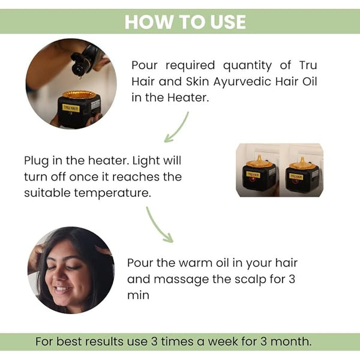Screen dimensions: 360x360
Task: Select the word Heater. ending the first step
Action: tap(188, 97)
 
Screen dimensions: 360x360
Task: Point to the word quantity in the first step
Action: tap(247, 66)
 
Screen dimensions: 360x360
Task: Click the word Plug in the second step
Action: tap(36, 161)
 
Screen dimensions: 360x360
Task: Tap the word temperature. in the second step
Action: tap(113, 193)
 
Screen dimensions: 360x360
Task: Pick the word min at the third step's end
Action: tap(138, 295)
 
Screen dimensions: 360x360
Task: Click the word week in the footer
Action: tap(223, 341)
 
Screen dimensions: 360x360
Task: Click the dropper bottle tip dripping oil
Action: tap(79, 76)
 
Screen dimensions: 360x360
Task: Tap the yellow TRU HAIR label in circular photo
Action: tap(71, 108)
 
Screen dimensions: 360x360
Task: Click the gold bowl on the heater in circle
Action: tap(79, 94)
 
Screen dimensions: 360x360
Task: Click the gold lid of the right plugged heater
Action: tap(302, 164)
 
